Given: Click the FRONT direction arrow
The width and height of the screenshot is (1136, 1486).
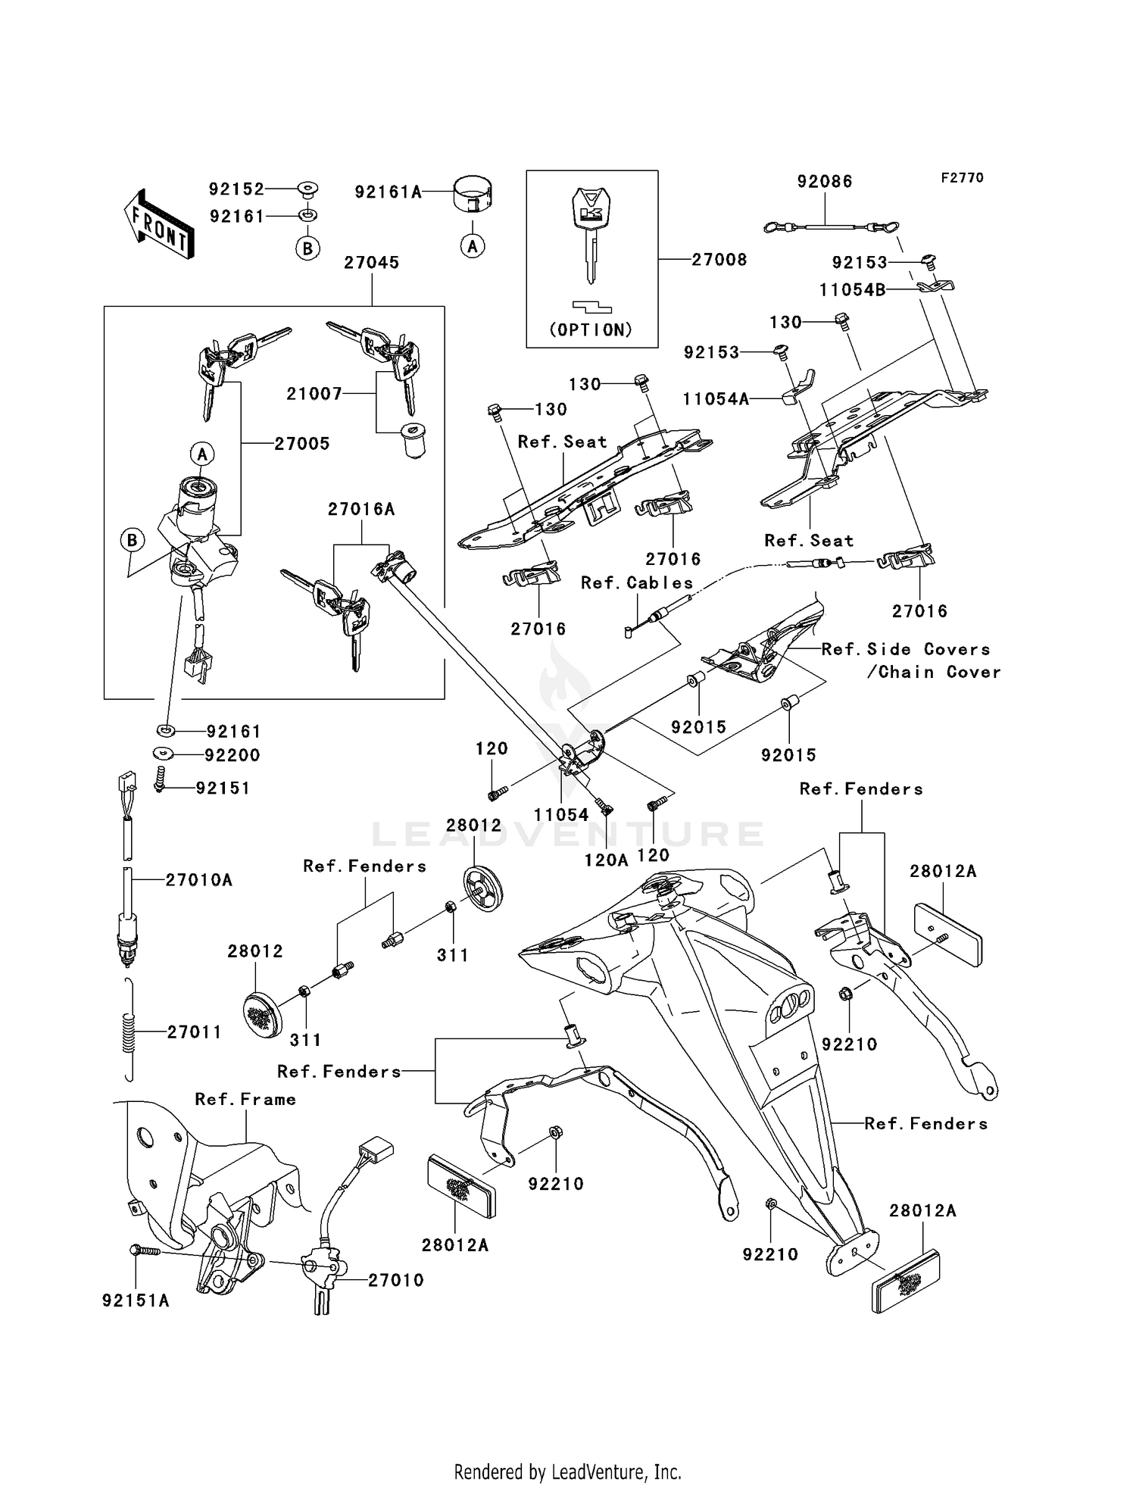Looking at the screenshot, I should [159, 225].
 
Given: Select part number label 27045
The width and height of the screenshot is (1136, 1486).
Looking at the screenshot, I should [371, 263].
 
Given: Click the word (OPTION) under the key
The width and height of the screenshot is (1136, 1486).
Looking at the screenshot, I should [591, 330].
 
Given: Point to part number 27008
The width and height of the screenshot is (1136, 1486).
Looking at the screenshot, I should [719, 260].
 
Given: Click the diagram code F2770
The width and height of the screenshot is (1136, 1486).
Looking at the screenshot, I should [962, 178].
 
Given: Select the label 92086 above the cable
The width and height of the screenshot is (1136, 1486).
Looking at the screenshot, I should [824, 182].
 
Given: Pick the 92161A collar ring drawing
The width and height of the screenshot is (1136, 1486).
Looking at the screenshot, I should [473, 193].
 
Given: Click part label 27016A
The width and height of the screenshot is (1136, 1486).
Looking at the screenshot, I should [361, 510].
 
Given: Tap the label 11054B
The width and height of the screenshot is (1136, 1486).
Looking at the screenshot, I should [852, 290].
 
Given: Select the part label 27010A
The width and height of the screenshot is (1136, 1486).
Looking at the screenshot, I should [199, 880].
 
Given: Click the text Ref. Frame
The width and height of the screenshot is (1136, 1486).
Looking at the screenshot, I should [245, 1100].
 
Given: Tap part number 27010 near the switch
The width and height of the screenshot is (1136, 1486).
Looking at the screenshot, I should [395, 1280].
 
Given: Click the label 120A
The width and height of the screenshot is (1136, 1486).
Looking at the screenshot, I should [606, 860].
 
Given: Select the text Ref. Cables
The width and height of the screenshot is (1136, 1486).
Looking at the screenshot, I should [637, 583].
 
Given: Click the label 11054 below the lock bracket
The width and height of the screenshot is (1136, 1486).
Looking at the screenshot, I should [561, 815].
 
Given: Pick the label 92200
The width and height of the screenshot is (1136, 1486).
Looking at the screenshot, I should [232, 755].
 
